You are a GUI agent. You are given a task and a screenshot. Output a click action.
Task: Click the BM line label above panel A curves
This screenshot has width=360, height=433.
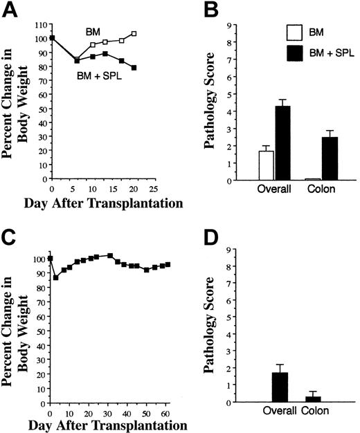pos(93,32)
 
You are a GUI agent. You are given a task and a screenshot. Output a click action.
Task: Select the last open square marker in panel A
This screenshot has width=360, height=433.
pos(134,33)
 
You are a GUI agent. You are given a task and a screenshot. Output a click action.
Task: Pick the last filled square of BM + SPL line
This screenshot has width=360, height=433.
pos(134,68)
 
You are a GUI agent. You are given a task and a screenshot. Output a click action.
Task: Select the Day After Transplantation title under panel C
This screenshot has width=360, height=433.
pos(92,424)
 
